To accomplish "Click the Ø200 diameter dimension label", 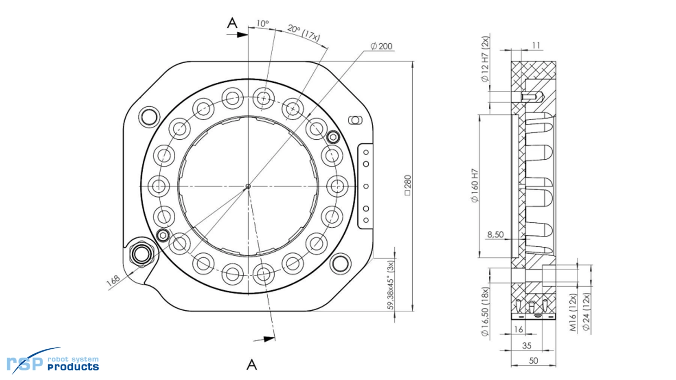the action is (381, 46).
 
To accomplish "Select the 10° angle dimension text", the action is (262, 24).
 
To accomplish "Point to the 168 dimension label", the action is (113, 280).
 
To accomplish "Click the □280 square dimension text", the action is (408, 185).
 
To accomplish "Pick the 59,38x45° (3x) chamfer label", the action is (391, 285).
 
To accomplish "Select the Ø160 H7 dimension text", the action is (475, 185).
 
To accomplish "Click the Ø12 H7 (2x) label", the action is (485, 59).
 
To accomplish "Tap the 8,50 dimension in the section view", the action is (495, 234).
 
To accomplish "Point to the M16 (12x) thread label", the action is (573, 312).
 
